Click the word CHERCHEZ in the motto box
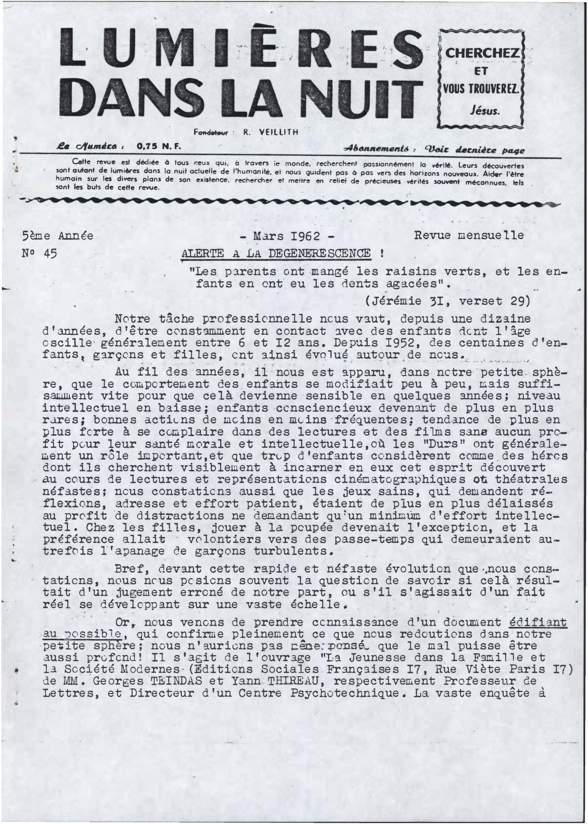pos(482,53)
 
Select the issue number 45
pos(50,254)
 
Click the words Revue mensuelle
pos(469,235)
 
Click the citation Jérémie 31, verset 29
pos(448,301)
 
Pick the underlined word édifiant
pos(537,622)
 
